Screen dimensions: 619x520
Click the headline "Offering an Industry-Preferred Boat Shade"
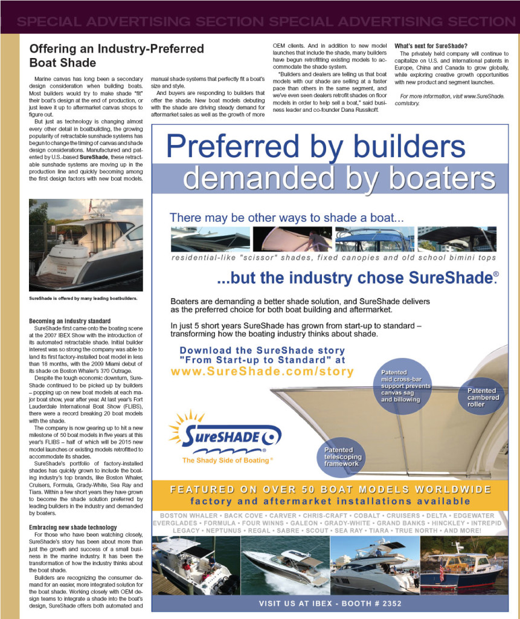point(117,55)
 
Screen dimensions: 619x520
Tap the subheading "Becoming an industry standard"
point(70,320)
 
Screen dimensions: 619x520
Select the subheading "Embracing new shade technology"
point(72,527)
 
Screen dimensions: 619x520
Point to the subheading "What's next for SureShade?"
point(431,46)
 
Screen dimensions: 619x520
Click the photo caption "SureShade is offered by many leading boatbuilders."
point(83,298)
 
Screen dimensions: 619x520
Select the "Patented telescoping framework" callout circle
point(342,457)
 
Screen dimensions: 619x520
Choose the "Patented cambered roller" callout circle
point(483,398)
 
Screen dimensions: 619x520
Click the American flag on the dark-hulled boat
point(441,572)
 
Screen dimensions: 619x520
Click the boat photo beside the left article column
point(86,245)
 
